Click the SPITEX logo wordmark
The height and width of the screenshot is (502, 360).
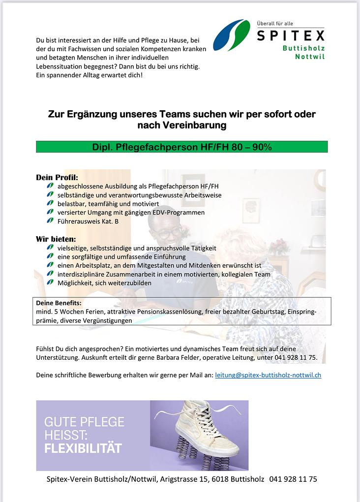291,36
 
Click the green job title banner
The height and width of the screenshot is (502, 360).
181,147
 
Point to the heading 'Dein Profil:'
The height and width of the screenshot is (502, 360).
57,177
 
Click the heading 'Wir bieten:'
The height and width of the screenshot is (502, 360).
56,239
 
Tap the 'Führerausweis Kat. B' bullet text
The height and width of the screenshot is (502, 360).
88,221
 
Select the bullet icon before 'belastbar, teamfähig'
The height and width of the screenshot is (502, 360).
50,203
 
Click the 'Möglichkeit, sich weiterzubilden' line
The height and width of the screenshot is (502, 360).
104,283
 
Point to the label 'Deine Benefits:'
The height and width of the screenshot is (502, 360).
59,303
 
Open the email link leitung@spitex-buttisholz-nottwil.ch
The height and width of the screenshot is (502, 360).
268,375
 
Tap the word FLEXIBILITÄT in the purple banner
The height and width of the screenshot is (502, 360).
83,448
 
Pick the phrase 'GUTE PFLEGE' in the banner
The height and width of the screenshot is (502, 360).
84,422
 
